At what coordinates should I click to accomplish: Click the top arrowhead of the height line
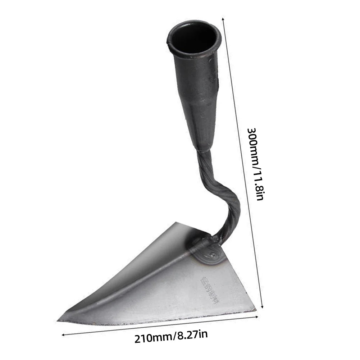click(224, 18)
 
